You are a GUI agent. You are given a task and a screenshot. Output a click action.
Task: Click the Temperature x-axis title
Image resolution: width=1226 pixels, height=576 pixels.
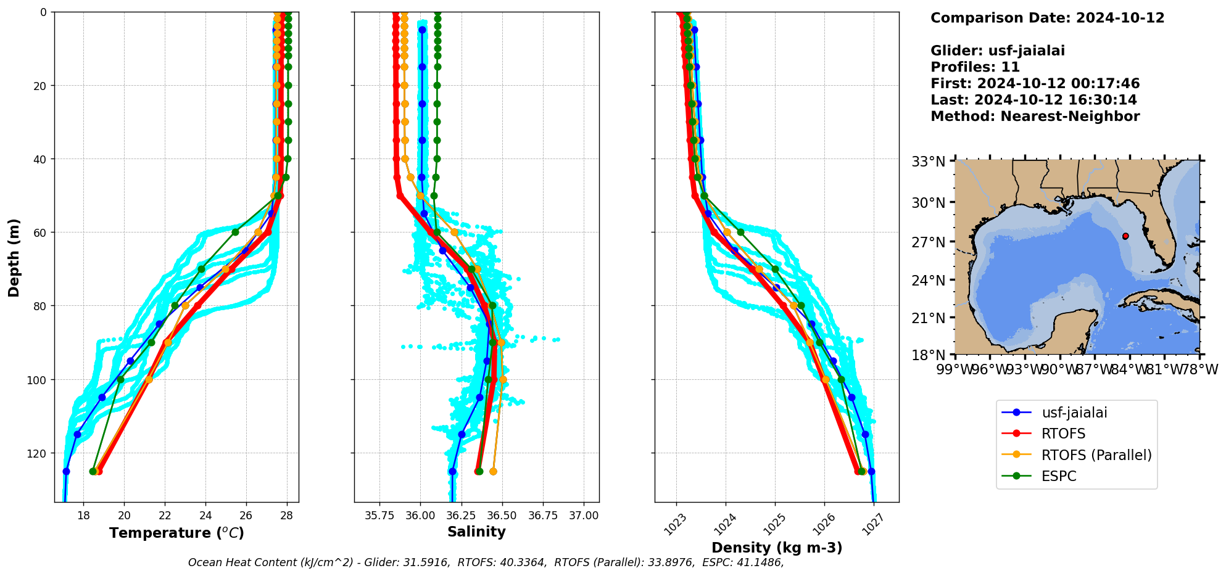tap(176, 533)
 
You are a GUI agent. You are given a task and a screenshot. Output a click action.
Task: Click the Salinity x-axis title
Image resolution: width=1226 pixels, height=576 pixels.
tap(476, 532)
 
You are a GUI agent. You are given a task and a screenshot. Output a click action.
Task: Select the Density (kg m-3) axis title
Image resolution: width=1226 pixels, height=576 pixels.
tap(777, 548)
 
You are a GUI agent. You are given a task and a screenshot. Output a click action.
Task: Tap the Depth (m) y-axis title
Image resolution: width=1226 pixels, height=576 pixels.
tap(14, 257)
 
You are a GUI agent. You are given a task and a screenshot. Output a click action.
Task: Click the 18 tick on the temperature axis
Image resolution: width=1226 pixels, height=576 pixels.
tap(83, 516)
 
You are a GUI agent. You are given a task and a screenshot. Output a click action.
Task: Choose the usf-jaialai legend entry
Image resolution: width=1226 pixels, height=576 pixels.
tap(1074, 413)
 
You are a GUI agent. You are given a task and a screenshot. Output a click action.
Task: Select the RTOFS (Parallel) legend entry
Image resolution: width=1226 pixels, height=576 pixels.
tap(1096, 455)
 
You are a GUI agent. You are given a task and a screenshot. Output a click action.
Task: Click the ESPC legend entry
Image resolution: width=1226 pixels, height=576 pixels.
tap(1059, 476)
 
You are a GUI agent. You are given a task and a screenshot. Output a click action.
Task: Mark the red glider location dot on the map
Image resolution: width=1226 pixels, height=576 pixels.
tap(1125, 236)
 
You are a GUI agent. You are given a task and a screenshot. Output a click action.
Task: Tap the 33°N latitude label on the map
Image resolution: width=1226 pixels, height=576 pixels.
tap(929, 162)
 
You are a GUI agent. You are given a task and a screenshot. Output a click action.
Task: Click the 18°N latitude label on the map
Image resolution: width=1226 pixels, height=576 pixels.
tap(929, 355)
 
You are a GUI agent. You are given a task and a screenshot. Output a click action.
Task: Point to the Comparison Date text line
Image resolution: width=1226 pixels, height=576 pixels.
tap(1047, 18)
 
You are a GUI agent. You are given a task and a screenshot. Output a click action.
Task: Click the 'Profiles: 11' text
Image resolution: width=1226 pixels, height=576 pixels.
tap(975, 67)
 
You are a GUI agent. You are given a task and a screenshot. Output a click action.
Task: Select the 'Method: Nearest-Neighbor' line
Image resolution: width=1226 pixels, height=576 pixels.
tap(1035, 116)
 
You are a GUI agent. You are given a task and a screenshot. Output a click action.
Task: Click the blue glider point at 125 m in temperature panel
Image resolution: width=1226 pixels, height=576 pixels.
tap(66, 471)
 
